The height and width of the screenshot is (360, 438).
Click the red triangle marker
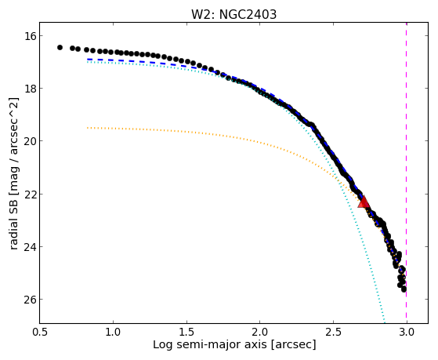[364, 202]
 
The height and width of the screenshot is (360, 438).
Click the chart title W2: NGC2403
[233, 15]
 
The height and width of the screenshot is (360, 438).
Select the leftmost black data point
[60, 48]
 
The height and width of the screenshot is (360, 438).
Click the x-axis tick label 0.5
[40, 332]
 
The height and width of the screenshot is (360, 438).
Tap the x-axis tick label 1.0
[113, 332]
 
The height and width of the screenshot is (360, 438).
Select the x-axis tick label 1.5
[186, 332]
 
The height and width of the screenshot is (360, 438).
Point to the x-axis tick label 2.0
[260, 332]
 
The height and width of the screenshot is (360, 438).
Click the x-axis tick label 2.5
[333, 332]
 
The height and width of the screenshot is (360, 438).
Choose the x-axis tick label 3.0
[407, 332]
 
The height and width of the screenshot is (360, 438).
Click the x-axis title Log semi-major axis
[210, 345]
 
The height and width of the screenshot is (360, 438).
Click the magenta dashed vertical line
[406, 173]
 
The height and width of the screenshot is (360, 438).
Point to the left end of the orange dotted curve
[88, 128]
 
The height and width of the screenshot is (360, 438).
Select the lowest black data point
[404, 289]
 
